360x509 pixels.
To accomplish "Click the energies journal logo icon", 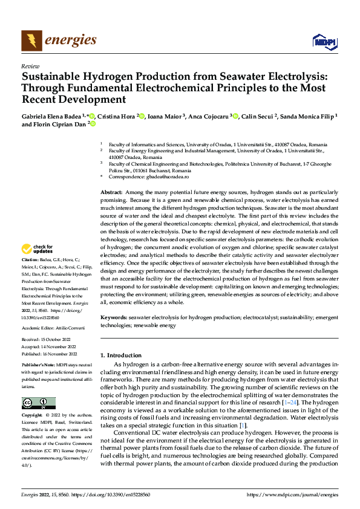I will (x=31, y=41).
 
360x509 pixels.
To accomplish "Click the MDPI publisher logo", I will (x=324, y=41).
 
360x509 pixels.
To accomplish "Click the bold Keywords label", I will (x=114, y=317).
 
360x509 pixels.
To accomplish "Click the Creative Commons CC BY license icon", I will (x=38, y=403).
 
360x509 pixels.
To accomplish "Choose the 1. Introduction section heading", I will (x=121, y=355).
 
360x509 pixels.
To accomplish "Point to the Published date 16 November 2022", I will (x=60, y=354).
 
